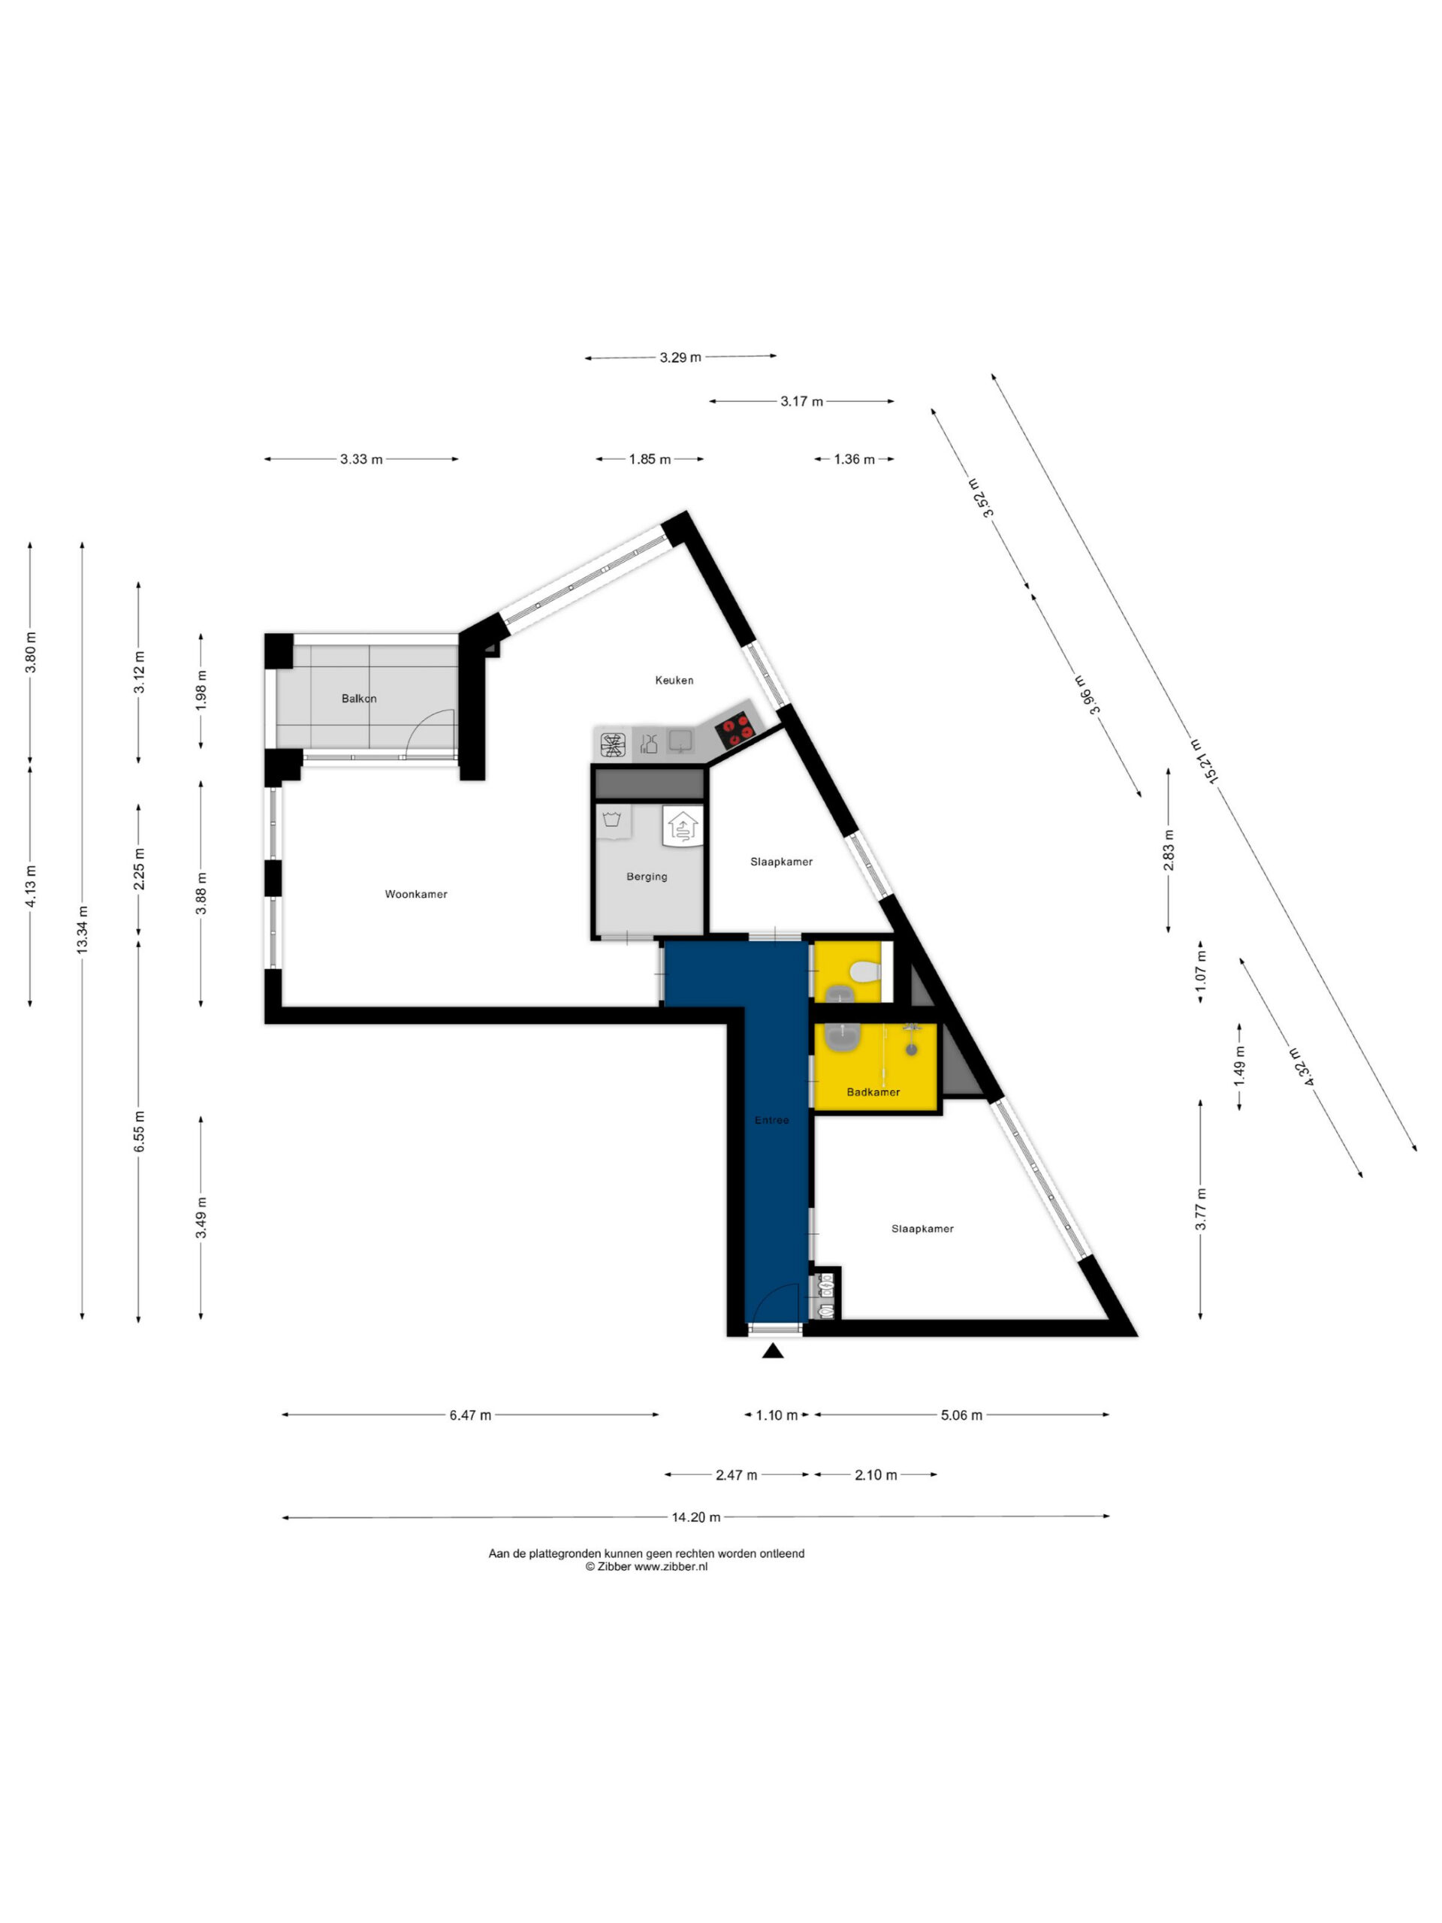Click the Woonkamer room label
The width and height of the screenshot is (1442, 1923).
415,894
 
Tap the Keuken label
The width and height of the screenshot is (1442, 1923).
674,680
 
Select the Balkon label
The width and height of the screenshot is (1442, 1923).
359,698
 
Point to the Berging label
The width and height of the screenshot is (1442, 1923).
647,877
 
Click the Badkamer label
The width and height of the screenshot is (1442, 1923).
873,1092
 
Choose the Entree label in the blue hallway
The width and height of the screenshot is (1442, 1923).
772,1121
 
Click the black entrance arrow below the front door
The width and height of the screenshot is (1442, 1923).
773,1350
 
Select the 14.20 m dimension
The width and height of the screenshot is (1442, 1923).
695,1517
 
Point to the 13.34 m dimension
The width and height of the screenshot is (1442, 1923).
83,929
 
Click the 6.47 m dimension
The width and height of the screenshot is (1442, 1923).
470,1415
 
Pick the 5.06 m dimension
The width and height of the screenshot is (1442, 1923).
961,1415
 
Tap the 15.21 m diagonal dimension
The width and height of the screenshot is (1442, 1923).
1204,761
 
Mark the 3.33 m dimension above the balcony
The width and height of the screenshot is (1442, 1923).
360,459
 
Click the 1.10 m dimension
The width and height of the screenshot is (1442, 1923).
776,1415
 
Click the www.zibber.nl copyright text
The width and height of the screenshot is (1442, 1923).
647,1566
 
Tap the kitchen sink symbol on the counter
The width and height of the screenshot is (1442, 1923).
680,740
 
